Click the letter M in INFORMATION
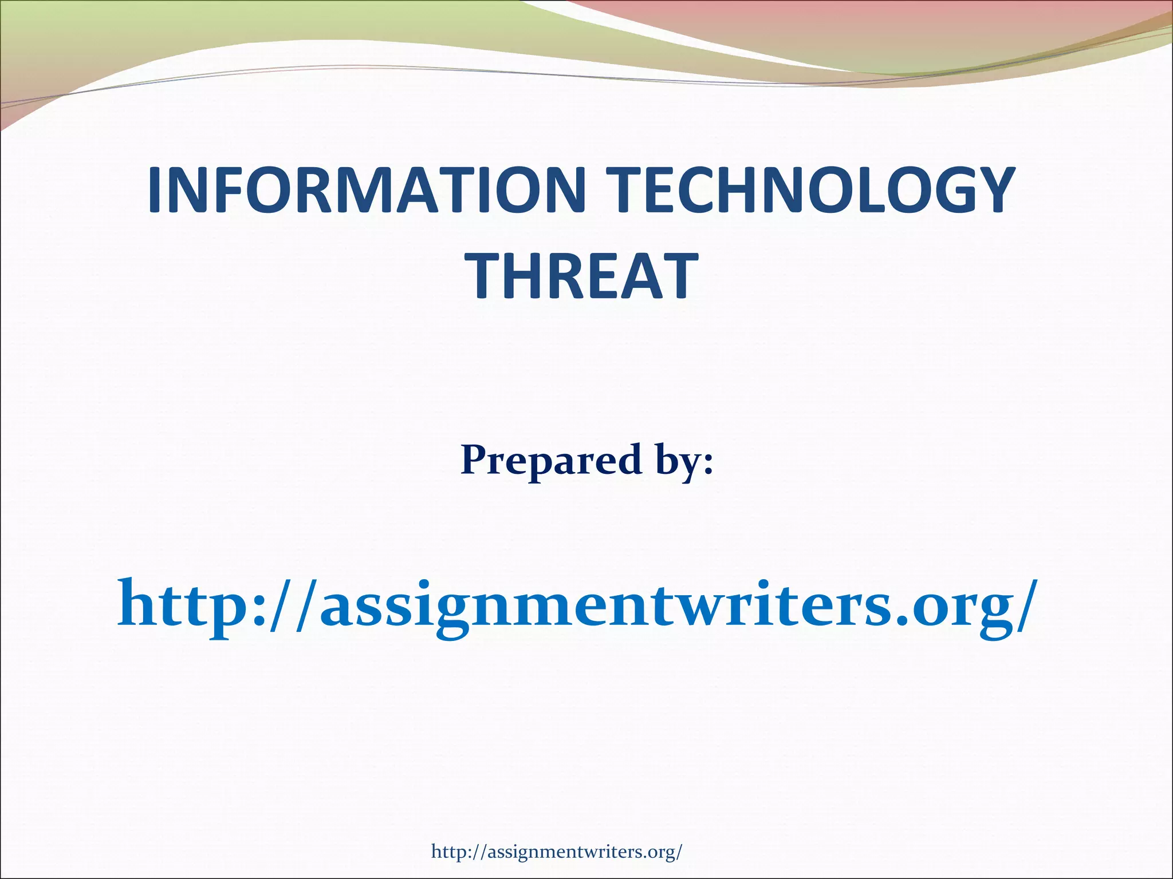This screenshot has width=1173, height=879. tap(367, 190)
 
